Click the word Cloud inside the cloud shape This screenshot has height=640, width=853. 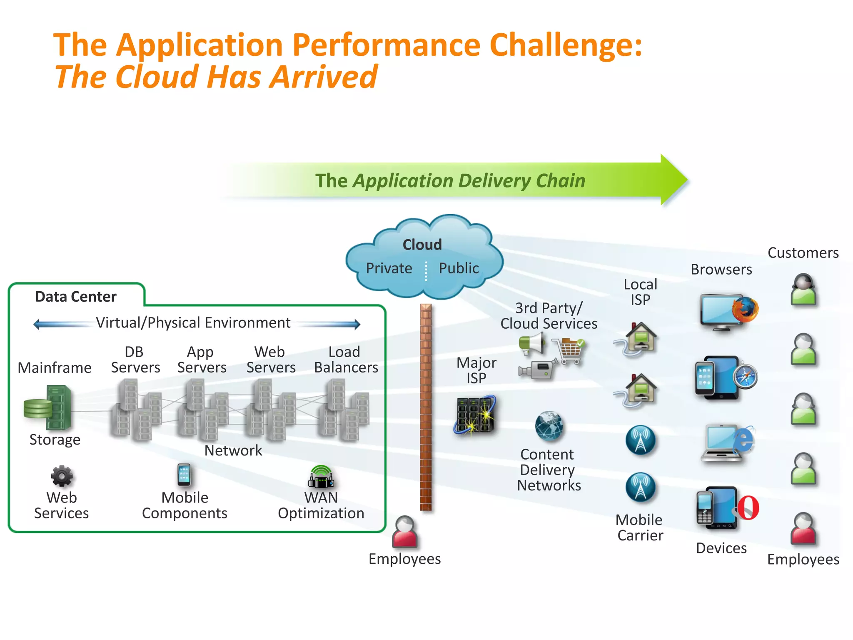[x=422, y=245]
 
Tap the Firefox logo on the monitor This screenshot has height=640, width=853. [x=745, y=310]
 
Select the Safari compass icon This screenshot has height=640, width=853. [x=745, y=376]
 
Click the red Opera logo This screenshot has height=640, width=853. [x=748, y=507]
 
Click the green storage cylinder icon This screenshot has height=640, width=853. [x=37, y=408]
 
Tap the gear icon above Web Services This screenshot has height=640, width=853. [x=62, y=476]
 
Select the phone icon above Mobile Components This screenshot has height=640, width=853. [x=184, y=475]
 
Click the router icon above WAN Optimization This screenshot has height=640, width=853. [x=321, y=477]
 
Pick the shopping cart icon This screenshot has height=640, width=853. [x=569, y=350]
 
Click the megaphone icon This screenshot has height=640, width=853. [x=532, y=344]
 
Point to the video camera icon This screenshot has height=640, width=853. [x=538, y=369]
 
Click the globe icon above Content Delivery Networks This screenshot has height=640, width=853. [x=549, y=426]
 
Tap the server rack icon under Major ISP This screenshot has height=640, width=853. [x=475, y=415]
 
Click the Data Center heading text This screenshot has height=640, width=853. [x=76, y=297]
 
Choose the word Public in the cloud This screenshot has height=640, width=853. [x=459, y=268]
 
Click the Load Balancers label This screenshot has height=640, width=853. [x=346, y=360]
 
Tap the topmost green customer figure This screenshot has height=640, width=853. [x=803, y=290]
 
